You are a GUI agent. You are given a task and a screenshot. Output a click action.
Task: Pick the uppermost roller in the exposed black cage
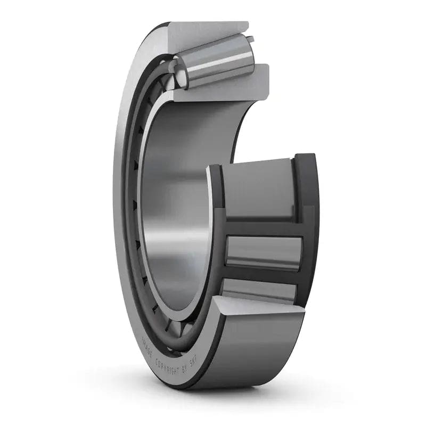(258, 189)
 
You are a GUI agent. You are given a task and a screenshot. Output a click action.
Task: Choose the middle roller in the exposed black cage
(263, 250)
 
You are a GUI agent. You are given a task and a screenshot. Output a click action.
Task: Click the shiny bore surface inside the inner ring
(176, 213)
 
